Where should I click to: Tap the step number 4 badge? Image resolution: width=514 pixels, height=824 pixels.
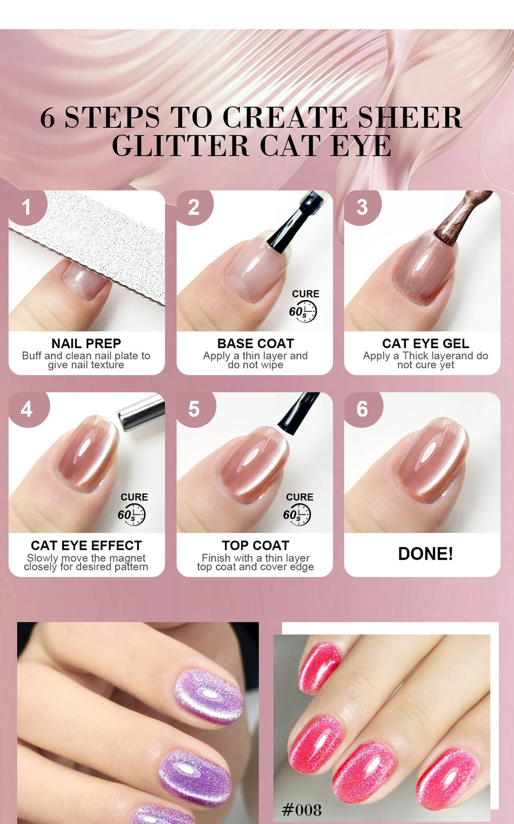tap(27, 409)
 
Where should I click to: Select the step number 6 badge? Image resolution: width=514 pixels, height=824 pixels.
tap(362, 409)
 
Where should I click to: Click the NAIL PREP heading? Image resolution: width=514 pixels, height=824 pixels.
tap(86, 343)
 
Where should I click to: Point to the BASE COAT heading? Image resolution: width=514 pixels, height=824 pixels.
tap(255, 343)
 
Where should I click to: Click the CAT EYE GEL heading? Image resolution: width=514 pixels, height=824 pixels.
tap(425, 343)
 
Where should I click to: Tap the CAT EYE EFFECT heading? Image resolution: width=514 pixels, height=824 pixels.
tap(86, 545)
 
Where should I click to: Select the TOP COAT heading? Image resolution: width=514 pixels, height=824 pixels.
tap(255, 545)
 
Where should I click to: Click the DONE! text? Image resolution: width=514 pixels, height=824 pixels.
tap(425, 554)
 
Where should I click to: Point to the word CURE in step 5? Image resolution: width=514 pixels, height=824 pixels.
tap(299, 497)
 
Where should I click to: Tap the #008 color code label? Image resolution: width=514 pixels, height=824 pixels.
tap(302, 810)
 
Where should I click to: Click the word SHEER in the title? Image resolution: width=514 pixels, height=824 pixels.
tap(410, 118)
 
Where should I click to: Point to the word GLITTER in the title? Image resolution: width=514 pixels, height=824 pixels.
tap(181, 146)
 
